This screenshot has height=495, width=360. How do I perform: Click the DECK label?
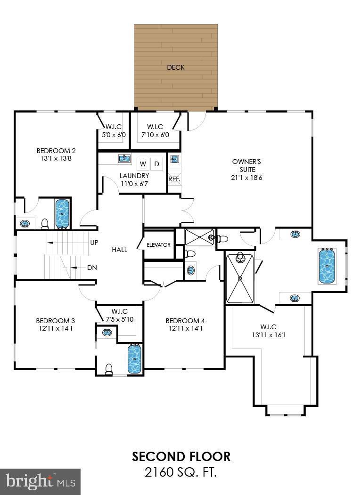click(175, 67)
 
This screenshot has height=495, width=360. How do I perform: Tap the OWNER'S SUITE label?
click(243, 165)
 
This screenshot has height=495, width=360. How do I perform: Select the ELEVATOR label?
click(158, 245)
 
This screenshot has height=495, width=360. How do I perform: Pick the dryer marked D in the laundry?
click(157, 164)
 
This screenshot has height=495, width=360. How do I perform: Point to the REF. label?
click(174, 179)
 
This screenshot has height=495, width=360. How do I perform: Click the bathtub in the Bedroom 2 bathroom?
click(62, 213)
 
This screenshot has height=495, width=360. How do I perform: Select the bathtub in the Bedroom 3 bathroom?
click(134, 358)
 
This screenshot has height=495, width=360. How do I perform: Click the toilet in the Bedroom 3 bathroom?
click(109, 369)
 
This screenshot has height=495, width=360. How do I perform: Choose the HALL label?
click(119, 250)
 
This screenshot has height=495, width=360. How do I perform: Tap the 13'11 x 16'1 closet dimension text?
click(268, 335)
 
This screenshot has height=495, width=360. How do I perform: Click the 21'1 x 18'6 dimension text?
click(243, 177)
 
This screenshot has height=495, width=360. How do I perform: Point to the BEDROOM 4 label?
click(185, 321)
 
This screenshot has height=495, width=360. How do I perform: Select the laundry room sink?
click(124, 158)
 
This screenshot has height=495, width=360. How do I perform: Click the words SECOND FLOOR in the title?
click(181, 456)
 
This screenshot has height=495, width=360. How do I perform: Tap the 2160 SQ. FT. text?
click(181, 471)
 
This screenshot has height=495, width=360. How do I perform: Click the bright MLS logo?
click(40, 481)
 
